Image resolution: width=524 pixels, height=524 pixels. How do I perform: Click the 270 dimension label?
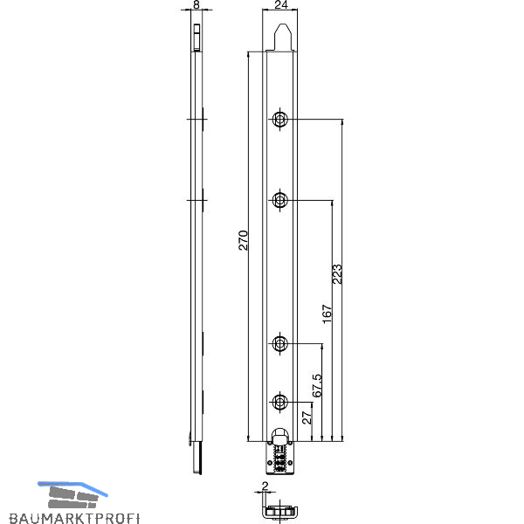click(x=244, y=240)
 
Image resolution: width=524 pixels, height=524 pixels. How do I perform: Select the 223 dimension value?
click(x=337, y=274)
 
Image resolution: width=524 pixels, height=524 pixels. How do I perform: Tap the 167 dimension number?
click(x=327, y=314)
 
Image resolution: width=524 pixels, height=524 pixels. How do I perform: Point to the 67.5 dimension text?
click(x=317, y=385)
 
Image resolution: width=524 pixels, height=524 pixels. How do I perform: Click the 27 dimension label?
click(x=307, y=417)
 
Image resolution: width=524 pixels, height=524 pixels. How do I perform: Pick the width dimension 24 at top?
click(x=281, y=4)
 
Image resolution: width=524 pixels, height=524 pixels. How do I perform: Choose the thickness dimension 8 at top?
click(x=196, y=4)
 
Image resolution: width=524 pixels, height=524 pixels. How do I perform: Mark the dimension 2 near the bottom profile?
click(x=265, y=486)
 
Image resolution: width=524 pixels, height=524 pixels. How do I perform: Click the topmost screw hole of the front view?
click(x=279, y=119)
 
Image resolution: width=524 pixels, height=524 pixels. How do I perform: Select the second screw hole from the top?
click(x=279, y=200)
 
